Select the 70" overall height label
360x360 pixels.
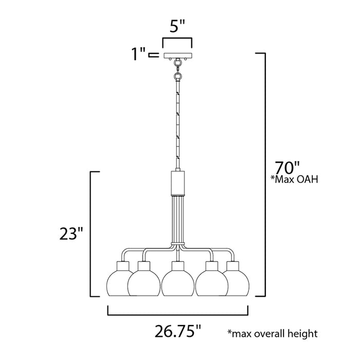[x=286, y=168]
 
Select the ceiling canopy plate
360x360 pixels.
[x=177, y=55]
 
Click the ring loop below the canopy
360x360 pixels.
[x=177, y=76]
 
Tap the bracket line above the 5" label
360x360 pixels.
[x=177, y=39]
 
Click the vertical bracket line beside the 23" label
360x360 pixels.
[x=91, y=234]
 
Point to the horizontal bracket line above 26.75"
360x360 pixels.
[x=177, y=314]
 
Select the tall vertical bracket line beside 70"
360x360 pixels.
[x=264, y=175]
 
